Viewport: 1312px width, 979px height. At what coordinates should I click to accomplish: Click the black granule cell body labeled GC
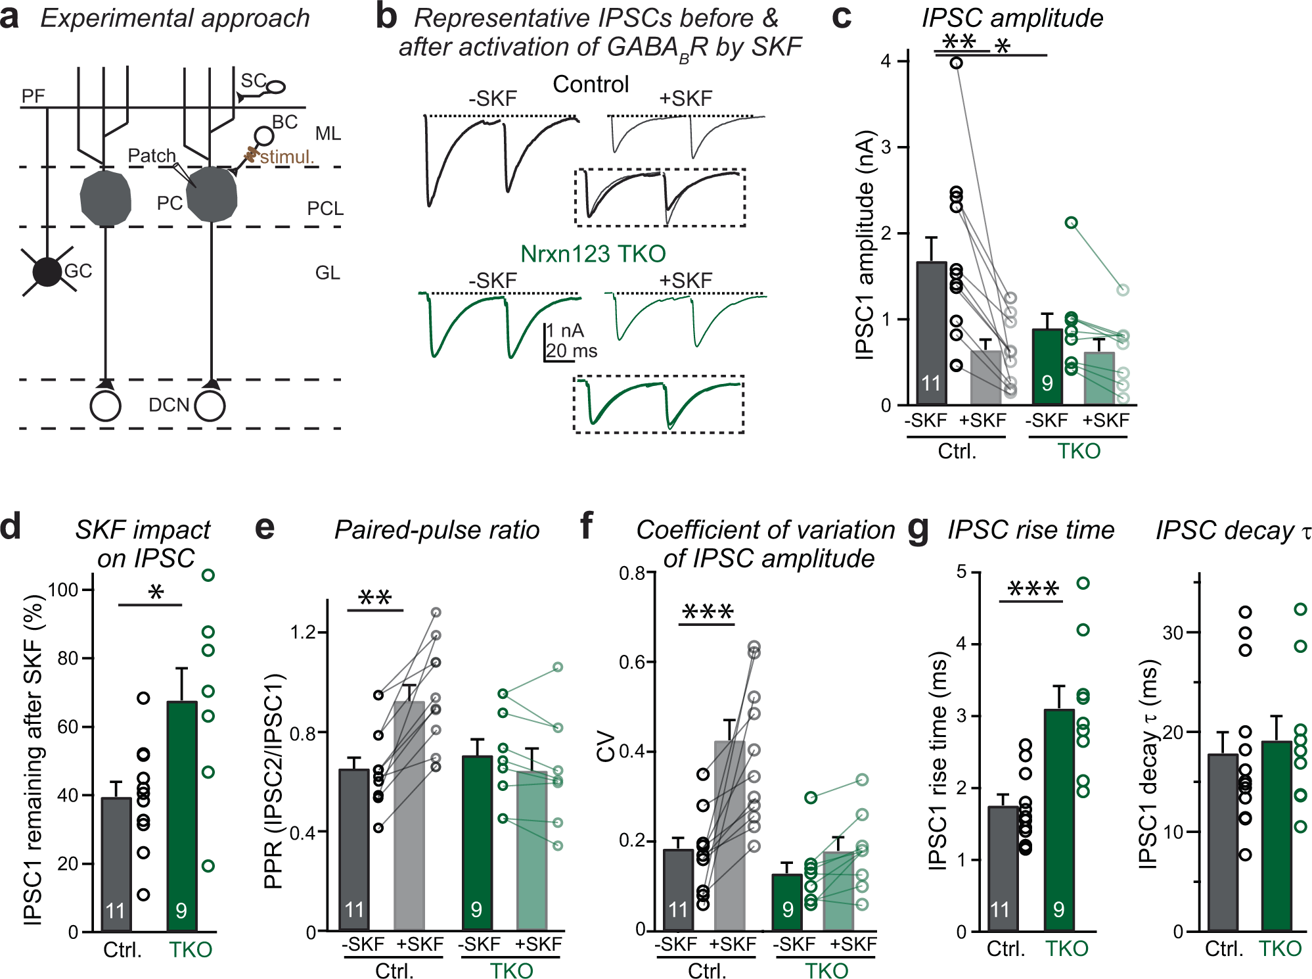pyautogui.click(x=47, y=272)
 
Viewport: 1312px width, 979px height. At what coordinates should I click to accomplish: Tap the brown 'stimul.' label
pyautogui.click(x=287, y=157)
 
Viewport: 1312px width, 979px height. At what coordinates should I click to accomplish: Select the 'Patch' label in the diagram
pyautogui.click(x=152, y=156)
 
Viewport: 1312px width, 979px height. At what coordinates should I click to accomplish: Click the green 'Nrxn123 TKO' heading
pyautogui.click(x=593, y=254)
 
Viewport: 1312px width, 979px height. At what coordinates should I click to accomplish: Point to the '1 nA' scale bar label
pyautogui.click(x=566, y=330)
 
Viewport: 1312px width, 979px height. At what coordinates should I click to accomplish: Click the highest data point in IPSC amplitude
pyautogui.click(x=957, y=62)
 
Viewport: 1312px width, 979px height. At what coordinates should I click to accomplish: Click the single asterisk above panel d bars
pyautogui.click(x=156, y=592)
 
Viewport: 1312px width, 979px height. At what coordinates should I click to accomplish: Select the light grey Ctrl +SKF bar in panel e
pyautogui.click(x=409, y=815)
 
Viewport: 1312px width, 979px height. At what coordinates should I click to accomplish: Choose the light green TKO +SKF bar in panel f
pyautogui.click(x=839, y=891)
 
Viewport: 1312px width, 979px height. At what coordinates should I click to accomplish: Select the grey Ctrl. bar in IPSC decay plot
pyautogui.click(x=1223, y=842)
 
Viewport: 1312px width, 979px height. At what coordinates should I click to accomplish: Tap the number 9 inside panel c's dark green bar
pyautogui.click(x=1047, y=383)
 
